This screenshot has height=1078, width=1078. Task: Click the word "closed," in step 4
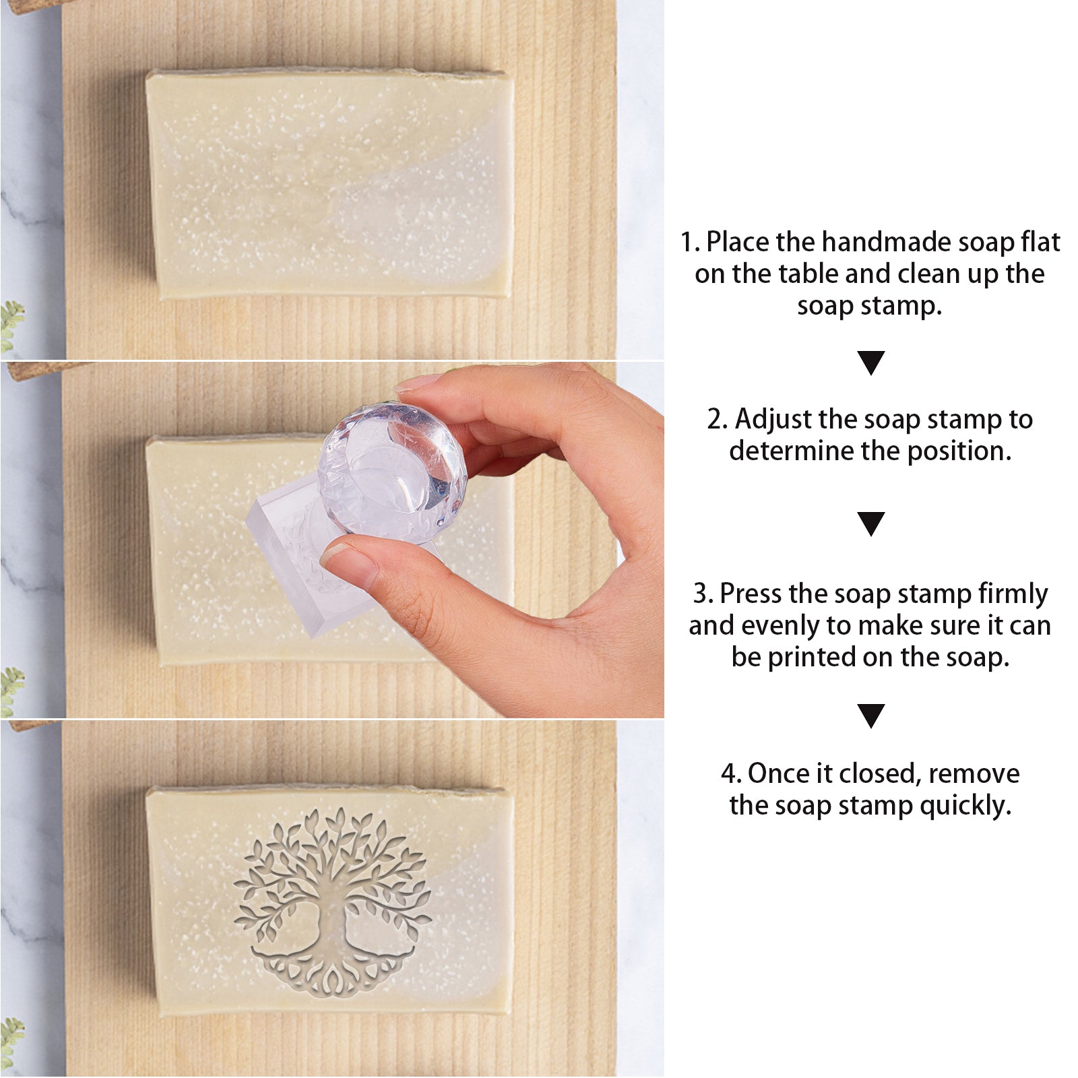click(x=879, y=774)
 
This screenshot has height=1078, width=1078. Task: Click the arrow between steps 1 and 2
click(x=870, y=363)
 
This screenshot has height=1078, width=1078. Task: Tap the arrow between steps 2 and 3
click(x=870, y=524)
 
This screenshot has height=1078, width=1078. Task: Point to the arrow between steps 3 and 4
click(x=870, y=716)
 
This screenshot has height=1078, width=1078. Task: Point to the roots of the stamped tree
click(x=333, y=970)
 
